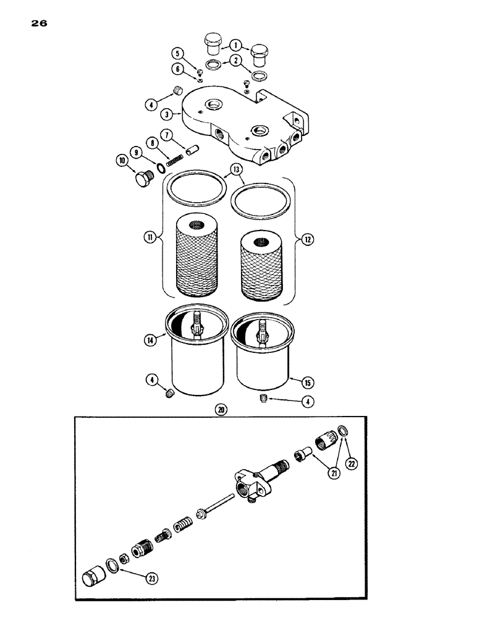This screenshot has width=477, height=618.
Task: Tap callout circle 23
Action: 150,579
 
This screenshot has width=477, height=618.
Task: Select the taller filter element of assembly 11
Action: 196,253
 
